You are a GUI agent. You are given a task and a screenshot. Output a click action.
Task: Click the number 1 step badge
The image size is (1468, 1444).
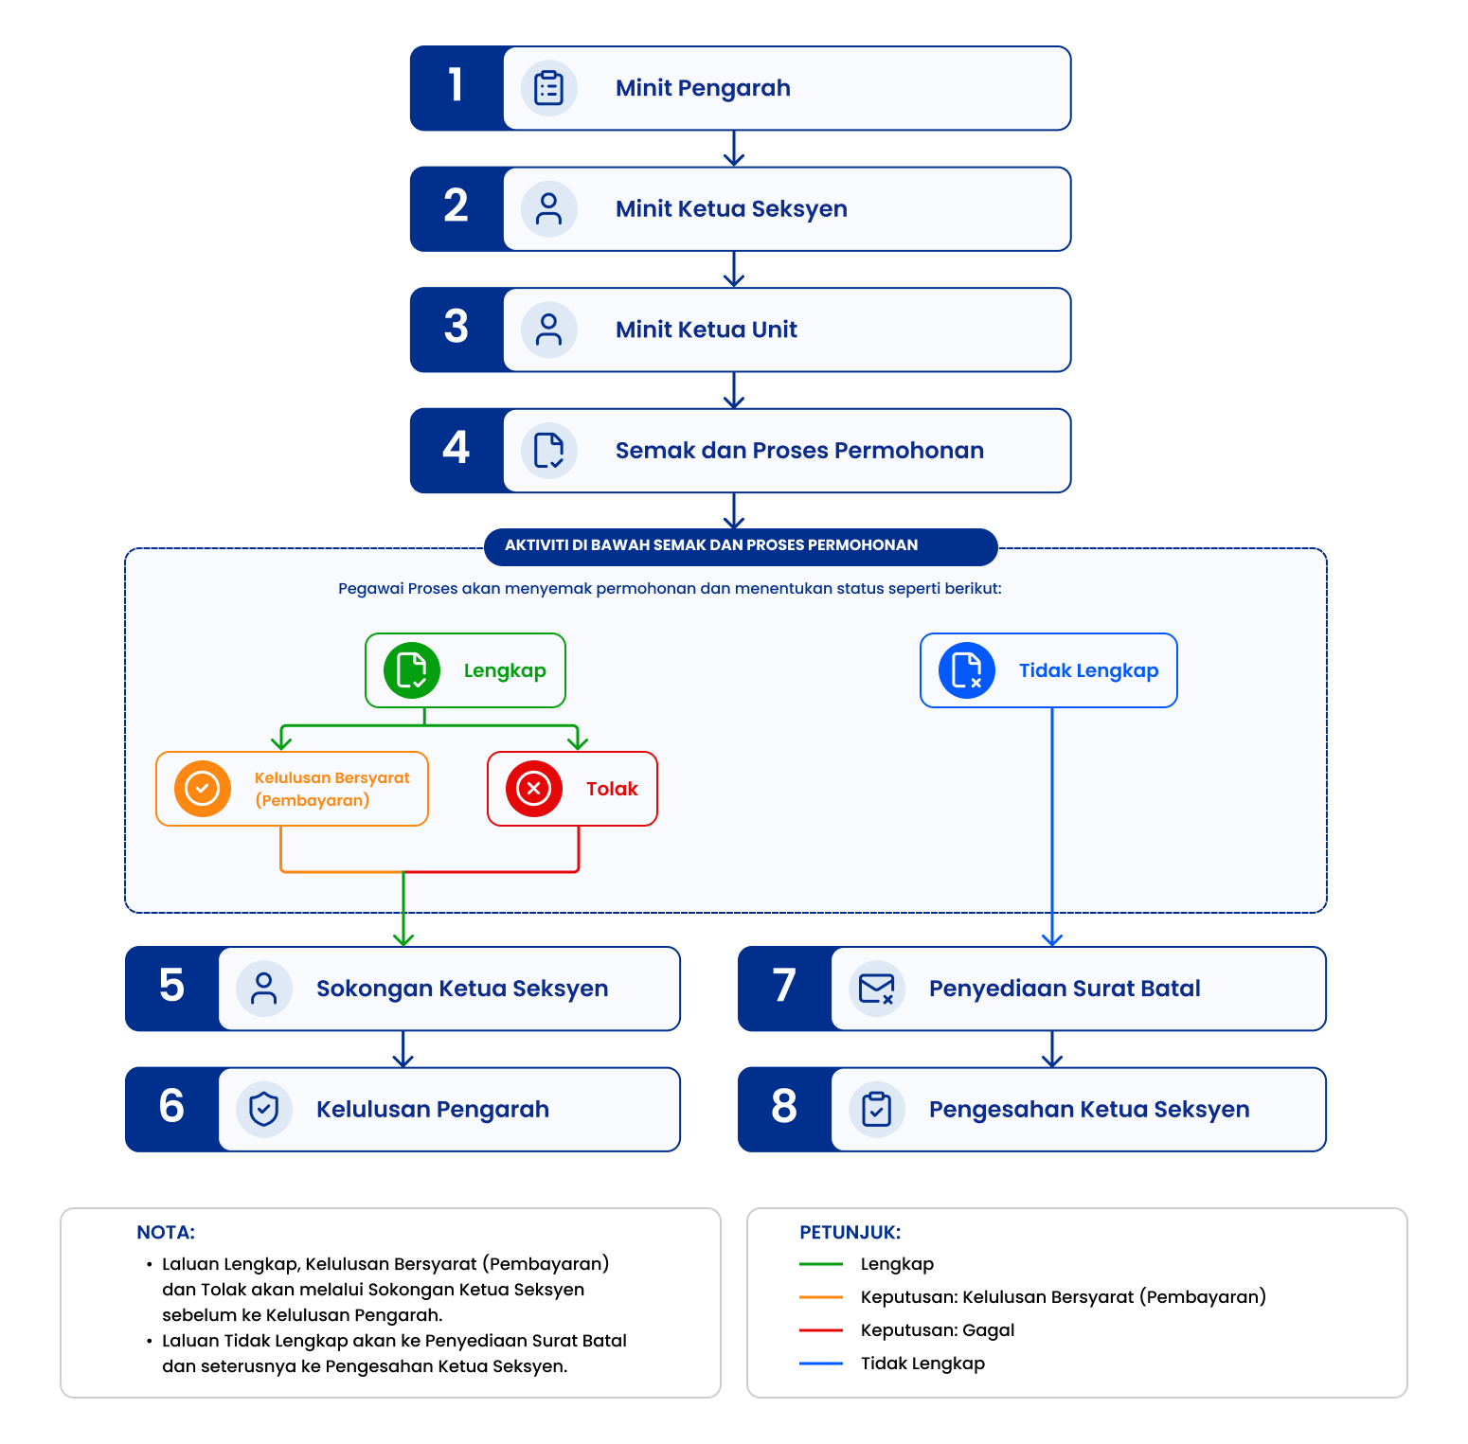tap(457, 88)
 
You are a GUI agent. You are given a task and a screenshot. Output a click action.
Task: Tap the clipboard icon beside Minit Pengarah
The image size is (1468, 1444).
tap(549, 88)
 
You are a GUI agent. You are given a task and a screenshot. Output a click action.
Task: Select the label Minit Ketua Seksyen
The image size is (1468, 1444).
tap(731, 209)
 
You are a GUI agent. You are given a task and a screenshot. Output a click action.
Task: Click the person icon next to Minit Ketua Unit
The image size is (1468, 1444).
tap(549, 330)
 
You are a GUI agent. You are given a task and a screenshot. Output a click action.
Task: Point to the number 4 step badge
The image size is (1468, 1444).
tap(457, 451)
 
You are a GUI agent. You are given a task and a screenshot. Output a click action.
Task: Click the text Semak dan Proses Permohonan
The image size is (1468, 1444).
tap(799, 451)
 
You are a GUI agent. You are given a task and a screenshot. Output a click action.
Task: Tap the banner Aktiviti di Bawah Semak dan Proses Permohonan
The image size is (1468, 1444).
tap(741, 545)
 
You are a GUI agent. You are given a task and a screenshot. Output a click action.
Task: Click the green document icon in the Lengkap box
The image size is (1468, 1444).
tap(412, 670)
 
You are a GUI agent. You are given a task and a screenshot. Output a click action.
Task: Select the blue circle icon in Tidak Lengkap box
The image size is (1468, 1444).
tap(967, 670)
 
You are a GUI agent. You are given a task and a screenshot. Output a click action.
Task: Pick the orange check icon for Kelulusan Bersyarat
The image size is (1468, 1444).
tap(203, 789)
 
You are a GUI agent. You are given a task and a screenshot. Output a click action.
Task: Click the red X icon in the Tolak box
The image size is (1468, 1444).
tap(534, 789)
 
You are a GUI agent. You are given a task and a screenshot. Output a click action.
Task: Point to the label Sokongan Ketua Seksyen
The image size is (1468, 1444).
tap(462, 989)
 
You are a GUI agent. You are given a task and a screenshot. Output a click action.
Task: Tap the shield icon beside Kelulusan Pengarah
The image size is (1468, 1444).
tap(264, 1110)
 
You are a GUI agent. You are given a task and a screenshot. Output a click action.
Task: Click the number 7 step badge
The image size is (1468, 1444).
tap(784, 989)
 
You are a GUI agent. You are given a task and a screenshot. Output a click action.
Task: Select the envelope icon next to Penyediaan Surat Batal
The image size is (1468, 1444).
tap(877, 989)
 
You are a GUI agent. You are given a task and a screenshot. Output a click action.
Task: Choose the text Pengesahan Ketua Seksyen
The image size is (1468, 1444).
tap(1089, 1110)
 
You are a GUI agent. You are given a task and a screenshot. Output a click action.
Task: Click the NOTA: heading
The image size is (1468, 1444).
tap(166, 1233)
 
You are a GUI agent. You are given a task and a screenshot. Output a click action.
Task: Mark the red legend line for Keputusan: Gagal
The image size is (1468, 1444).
tap(821, 1330)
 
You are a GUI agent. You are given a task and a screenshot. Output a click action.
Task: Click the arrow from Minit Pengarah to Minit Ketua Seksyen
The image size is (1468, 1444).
tap(734, 149)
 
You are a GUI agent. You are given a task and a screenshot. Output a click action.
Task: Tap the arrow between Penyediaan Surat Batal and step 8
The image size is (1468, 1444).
tap(1052, 1049)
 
